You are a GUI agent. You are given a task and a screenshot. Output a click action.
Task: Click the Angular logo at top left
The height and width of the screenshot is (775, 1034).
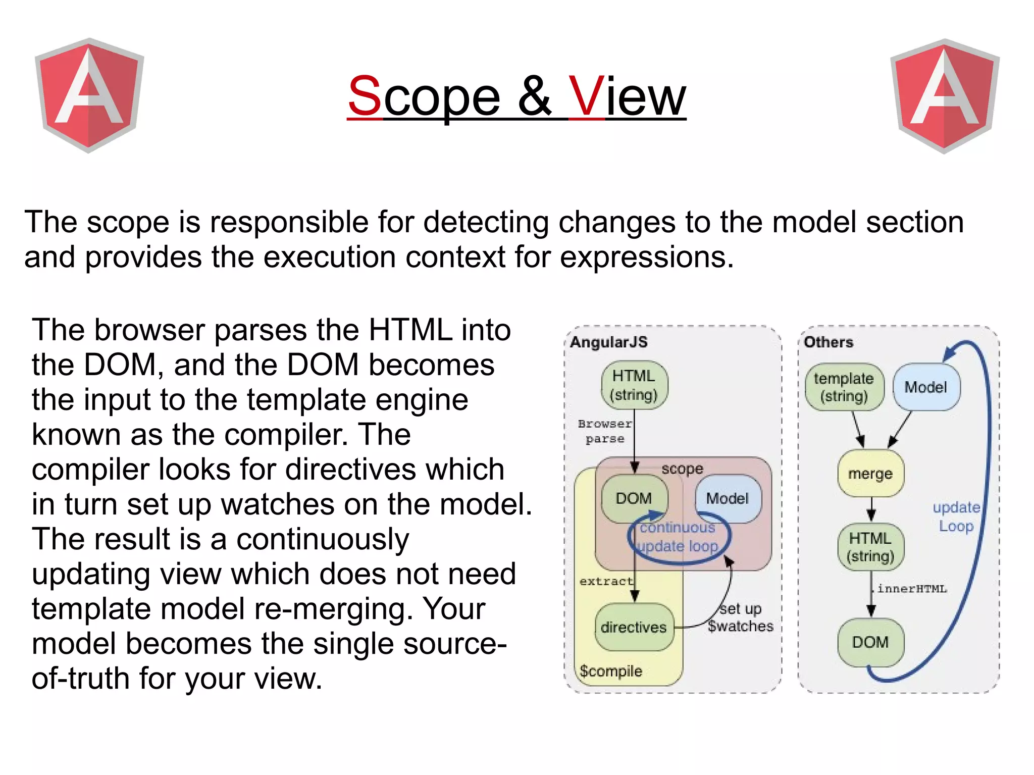pyautogui.click(x=89, y=95)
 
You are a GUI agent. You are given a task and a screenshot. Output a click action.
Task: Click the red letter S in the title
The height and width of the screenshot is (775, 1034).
pyautogui.click(x=365, y=96)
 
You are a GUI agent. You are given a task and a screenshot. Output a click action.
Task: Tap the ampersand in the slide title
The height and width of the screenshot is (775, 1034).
pyautogui.click(x=535, y=96)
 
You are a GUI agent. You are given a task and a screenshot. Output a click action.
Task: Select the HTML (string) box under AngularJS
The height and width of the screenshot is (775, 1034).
pyautogui.click(x=634, y=385)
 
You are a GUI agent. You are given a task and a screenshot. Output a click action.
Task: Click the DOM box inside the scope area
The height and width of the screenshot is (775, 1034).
pyautogui.click(x=634, y=498)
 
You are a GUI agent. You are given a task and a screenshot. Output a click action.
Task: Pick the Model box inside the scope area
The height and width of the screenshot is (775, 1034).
pyautogui.click(x=727, y=498)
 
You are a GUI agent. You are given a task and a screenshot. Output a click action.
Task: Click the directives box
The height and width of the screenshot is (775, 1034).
pyautogui.click(x=634, y=627)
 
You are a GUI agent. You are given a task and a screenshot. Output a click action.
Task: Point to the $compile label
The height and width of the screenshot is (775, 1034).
pyautogui.click(x=611, y=671)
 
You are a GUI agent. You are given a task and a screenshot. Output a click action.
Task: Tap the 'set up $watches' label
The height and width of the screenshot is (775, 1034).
pyautogui.click(x=740, y=617)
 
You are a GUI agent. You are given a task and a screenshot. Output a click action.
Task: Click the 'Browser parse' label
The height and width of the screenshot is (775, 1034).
pyautogui.click(x=605, y=431)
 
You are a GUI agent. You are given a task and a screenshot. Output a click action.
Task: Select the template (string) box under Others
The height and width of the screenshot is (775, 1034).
pyautogui.click(x=844, y=387)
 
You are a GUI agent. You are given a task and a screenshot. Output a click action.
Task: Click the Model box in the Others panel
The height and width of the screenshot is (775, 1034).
pyautogui.click(x=926, y=387)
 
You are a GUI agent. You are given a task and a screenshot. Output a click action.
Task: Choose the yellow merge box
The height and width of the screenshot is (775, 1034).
pyautogui.click(x=870, y=474)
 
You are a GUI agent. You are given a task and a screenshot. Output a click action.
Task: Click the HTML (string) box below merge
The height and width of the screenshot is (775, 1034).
pyautogui.click(x=870, y=547)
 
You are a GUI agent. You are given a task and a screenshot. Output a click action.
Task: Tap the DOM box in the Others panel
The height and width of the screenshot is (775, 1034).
pyautogui.click(x=870, y=642)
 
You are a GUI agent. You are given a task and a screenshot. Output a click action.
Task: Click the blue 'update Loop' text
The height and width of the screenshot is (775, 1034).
pyautogui.click(x=956, y=516)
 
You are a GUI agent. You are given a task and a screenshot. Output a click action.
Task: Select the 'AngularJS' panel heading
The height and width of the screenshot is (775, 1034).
pyautogui.click(x=609, y=342)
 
